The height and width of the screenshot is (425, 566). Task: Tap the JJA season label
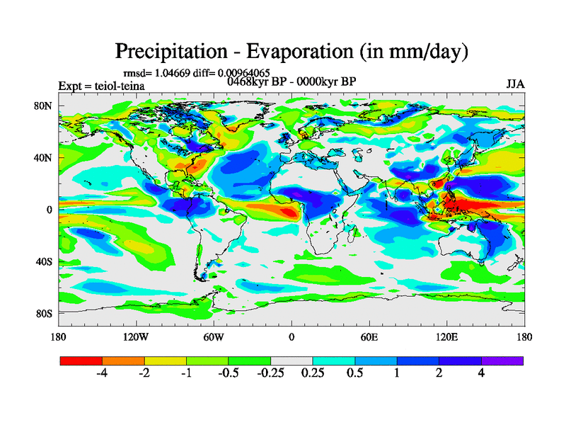coord(515,84)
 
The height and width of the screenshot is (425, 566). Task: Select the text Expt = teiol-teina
coord(101,86)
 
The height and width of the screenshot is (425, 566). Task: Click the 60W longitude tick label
coord(214,336)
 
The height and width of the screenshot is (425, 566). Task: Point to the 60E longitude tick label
coord(369,336)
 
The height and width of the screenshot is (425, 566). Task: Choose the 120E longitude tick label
coord(446,336)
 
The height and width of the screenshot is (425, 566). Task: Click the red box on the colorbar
coord(81,361)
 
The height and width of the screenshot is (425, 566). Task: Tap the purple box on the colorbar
coord(502,361)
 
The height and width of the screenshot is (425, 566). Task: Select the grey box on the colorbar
coord(292,361)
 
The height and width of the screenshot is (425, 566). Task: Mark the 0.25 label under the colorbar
coord(313,373)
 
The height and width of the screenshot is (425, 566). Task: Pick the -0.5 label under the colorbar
coord(229,373)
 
